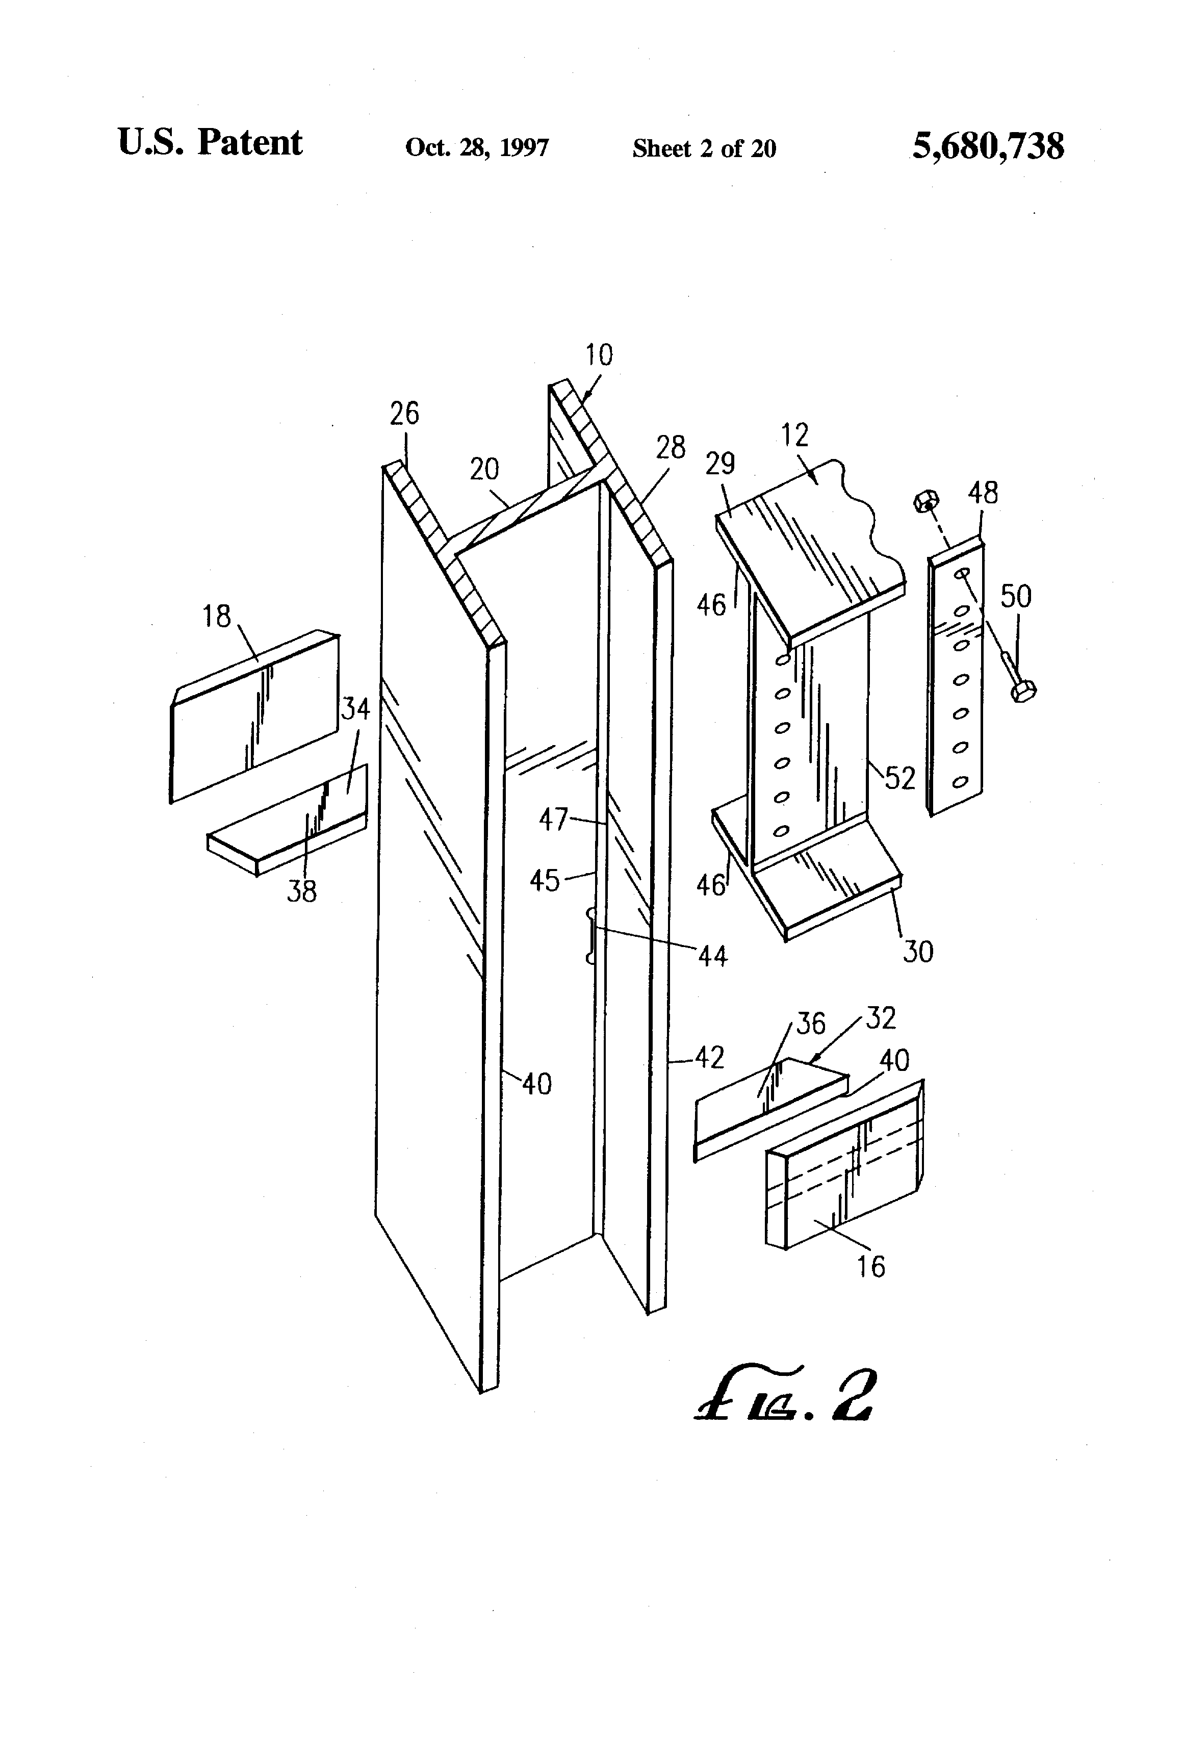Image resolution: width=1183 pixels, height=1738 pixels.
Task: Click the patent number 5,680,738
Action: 988,146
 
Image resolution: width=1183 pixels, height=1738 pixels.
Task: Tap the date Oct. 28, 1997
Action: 477,147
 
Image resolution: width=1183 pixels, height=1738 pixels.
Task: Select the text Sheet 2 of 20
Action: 704,148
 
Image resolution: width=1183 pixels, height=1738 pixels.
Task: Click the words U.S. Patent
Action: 210,142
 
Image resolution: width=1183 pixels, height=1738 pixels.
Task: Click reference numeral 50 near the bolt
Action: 1016,597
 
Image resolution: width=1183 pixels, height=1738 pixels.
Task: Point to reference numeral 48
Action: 983,493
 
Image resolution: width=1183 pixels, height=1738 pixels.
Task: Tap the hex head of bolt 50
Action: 1023,692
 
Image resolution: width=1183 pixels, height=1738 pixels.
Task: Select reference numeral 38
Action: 302,891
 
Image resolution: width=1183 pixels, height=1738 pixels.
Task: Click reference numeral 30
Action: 918,952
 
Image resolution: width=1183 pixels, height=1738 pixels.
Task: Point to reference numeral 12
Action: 795,435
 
